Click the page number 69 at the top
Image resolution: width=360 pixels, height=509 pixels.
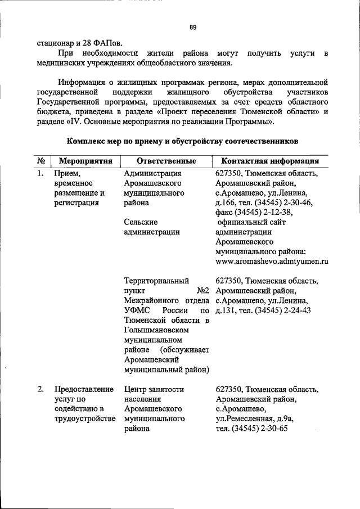[x=192, y=27]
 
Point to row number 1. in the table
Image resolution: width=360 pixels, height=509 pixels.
[x=40, y=174]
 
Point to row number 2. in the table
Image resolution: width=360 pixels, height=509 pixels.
[x=40, y=389]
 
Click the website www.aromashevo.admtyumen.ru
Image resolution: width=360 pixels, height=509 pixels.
[x=272, y=262]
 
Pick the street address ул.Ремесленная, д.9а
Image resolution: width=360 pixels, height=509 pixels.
[x=255, y=419]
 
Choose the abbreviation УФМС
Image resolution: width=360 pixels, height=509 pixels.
[x=137, y=310]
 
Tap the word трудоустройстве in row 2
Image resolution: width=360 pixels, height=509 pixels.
[x=84, y=419]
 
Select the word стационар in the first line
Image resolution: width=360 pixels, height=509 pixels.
[x=55, y=42]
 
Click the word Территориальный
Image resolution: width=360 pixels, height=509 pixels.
[x=156, y=281]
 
